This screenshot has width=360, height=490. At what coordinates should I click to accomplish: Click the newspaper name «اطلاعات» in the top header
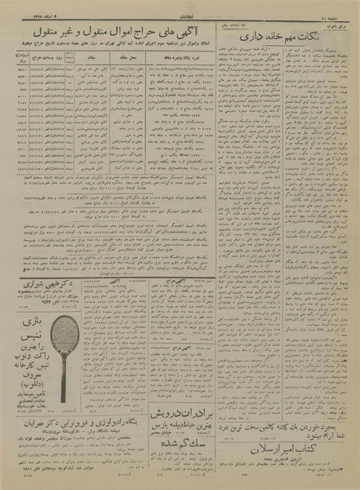pos(181,7)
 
